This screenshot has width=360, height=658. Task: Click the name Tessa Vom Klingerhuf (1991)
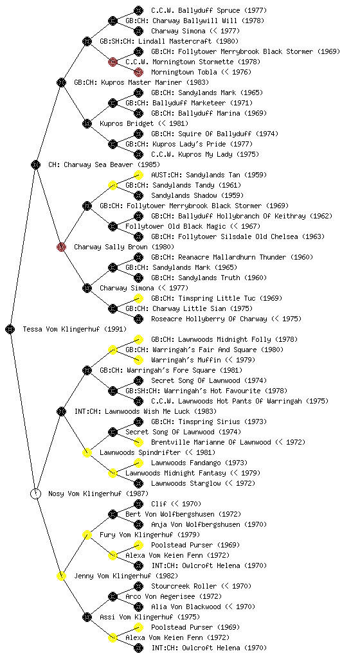75,329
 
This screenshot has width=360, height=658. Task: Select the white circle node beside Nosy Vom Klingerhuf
35,493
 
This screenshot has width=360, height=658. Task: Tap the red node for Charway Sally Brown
61,247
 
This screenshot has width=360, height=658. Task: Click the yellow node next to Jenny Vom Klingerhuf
61,576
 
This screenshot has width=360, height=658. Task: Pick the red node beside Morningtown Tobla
138,72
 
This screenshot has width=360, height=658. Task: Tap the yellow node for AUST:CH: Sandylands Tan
138,175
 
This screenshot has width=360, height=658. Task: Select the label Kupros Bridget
127,123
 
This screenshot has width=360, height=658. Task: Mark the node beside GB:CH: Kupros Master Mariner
61,82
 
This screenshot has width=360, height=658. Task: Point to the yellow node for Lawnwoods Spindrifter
87,452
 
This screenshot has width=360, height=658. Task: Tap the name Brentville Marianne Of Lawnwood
211,442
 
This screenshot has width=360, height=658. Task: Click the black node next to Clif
138,504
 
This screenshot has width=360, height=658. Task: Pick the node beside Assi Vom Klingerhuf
87,617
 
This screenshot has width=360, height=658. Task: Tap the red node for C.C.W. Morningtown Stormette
113,62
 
